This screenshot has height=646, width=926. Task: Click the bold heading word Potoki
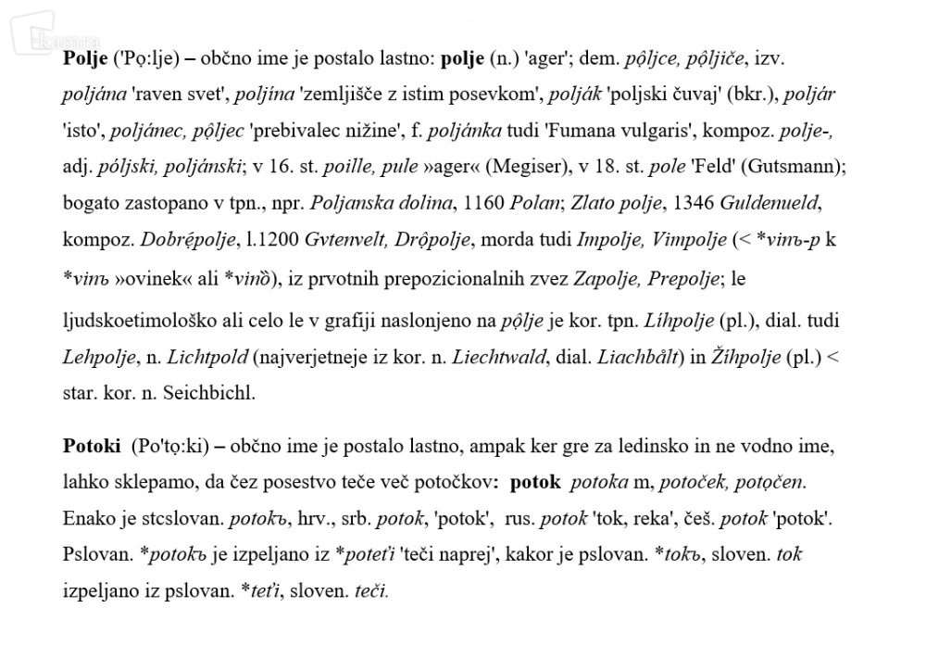click(92, 448)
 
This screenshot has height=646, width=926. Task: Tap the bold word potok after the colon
click(535, 482)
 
